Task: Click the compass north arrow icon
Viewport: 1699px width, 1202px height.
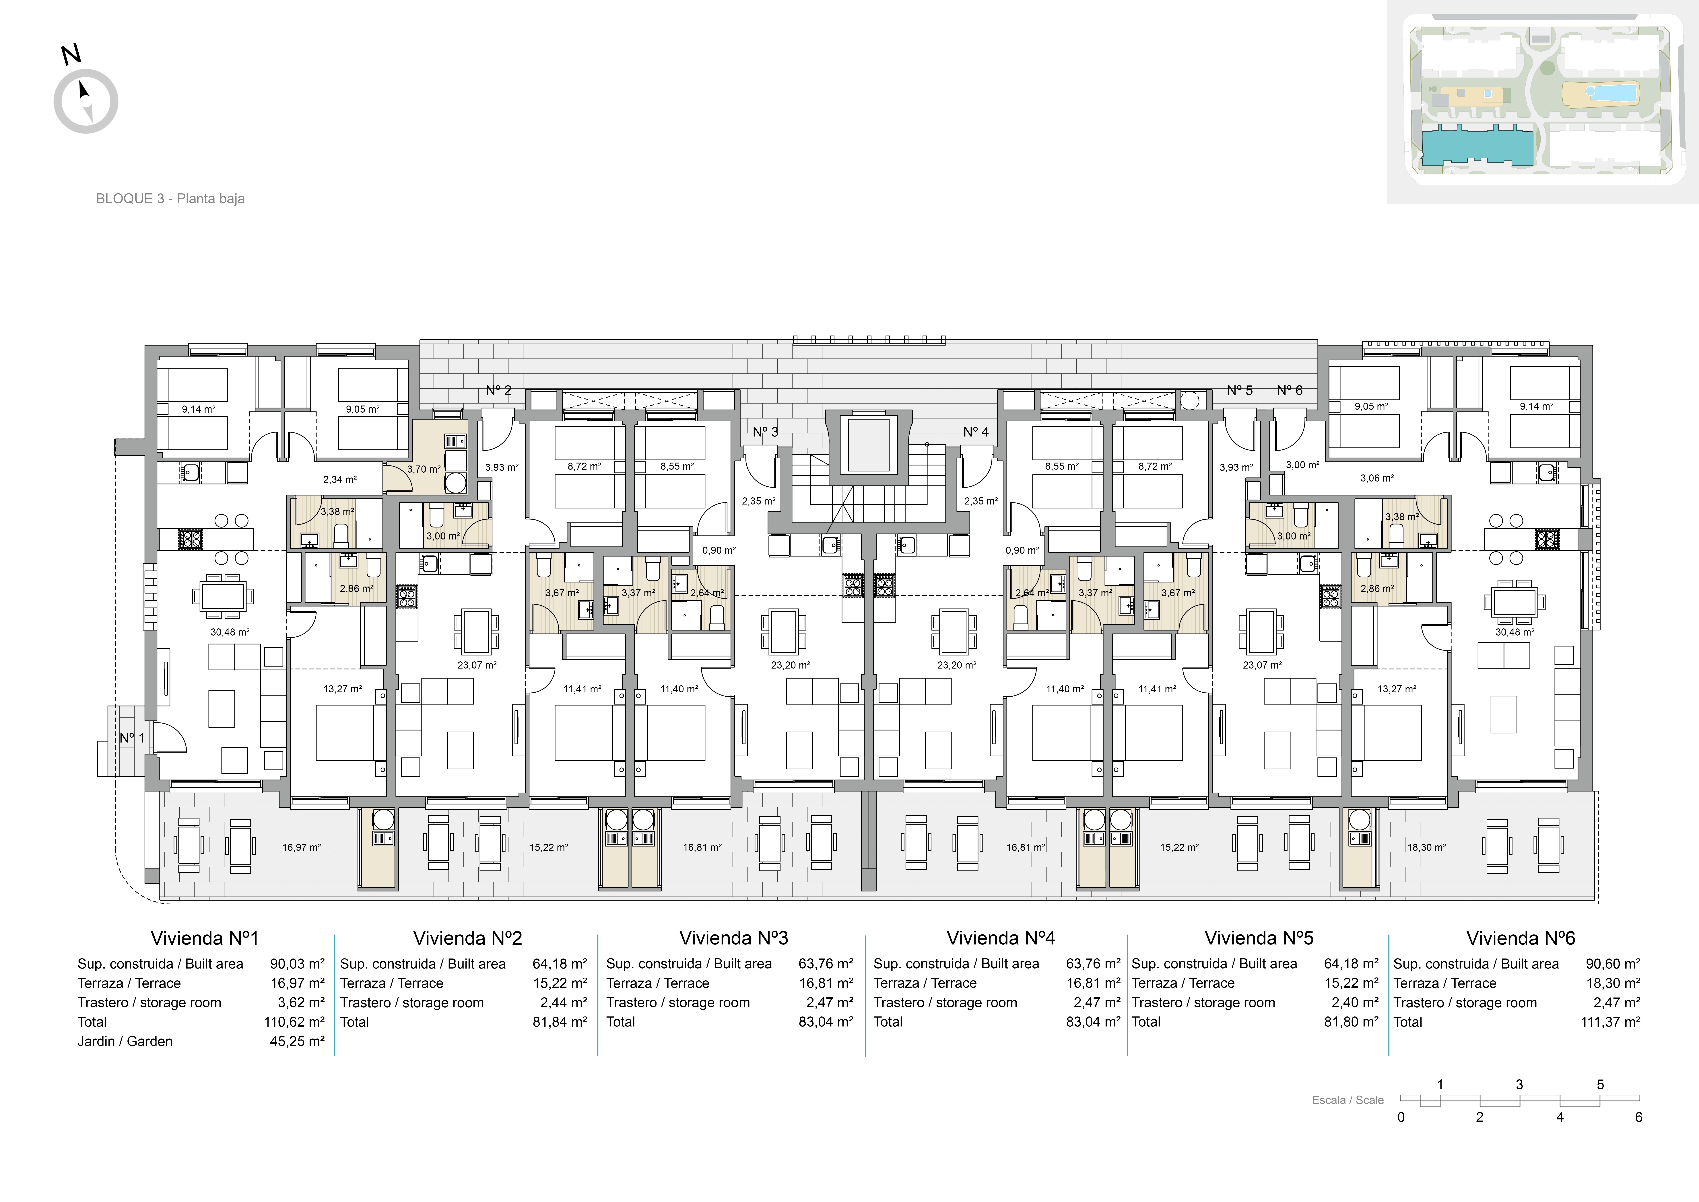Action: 86,101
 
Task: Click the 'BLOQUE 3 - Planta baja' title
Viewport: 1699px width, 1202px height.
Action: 170,198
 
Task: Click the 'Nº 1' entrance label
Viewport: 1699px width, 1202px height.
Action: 132,738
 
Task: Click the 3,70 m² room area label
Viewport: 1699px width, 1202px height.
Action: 424,469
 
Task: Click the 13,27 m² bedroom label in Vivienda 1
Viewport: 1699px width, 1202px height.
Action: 343,689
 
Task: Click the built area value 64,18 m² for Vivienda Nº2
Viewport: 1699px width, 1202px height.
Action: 560,964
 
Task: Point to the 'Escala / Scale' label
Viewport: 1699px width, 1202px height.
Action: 1347,1100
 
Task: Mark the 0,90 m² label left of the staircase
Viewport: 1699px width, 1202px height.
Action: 719,551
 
